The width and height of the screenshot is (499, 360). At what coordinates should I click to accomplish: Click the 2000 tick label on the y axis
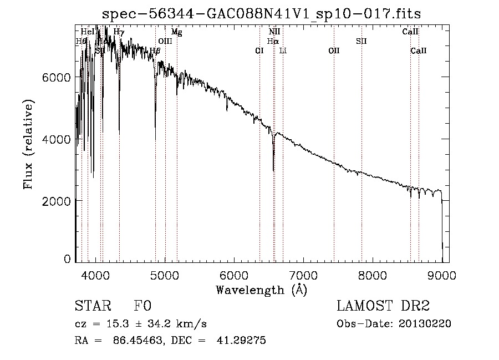[x=57, y=201]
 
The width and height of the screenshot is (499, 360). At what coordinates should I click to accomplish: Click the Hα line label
[x=272, y=41]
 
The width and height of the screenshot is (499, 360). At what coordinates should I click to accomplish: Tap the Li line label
[x=283, y=51]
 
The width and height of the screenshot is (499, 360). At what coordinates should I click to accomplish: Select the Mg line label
[x=176, y=32]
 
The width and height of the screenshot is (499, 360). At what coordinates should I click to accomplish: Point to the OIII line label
[x=165, y=42]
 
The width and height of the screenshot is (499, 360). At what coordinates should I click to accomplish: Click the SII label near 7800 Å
[x=361, y=41]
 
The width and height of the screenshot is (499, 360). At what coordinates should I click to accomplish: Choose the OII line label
[x=334, y=51]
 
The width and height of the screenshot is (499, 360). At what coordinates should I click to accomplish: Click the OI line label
[x=259, y=51]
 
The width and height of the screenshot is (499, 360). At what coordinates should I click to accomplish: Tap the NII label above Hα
[x=274, y=32]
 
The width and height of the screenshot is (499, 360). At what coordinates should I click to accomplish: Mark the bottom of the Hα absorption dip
[x=273, y=170]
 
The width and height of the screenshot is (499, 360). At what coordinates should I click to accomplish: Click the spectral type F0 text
[x=142, y=306]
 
